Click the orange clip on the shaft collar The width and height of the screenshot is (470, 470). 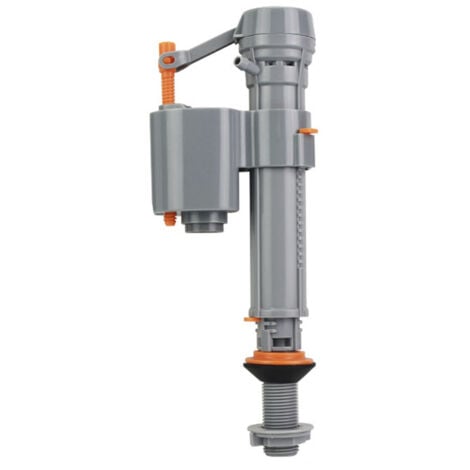[309, 130]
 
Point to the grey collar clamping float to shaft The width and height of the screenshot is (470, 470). [276, 139]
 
